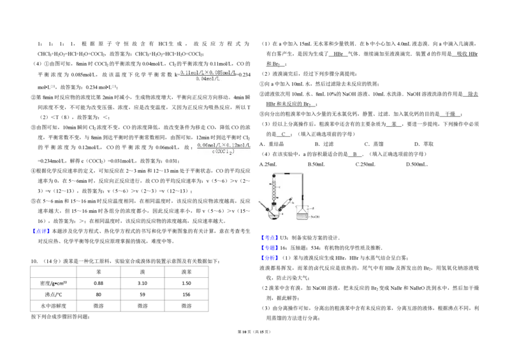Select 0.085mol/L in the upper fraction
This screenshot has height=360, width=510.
tap(224, 73)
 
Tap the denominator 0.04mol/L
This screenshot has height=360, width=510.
tap(208, 79)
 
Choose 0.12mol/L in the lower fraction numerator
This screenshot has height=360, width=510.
tap(240, 146)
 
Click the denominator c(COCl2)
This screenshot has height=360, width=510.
tap(224, 152)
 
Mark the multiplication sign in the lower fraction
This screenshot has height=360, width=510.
tap(223, 146)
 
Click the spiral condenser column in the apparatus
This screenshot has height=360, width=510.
tap(273, 189)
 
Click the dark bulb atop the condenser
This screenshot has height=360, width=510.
tap(273, 176)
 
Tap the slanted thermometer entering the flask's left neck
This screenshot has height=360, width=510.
tap(263, 205)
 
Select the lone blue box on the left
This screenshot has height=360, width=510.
tap(41, 230)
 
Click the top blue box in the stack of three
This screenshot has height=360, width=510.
tap(270, 238)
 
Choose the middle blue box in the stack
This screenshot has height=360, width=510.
tap(270, 248)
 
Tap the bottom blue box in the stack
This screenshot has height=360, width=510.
tap(270, 258)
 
